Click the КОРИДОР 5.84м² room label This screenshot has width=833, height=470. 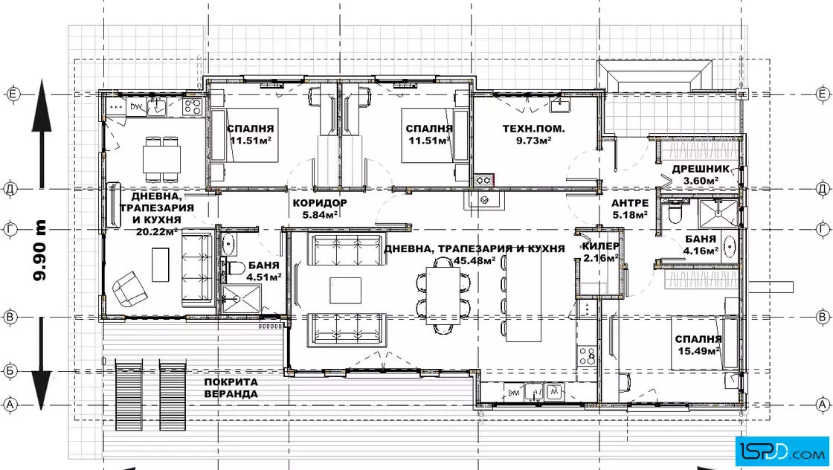pos(320,209)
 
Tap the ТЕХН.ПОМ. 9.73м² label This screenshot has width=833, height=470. pos(533,135)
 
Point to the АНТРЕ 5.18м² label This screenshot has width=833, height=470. pos(629,209)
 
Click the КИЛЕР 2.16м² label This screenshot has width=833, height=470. pos(601,252)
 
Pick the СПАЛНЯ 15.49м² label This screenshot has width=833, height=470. pos(698,344)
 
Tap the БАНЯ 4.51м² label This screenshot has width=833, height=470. pos(263,270)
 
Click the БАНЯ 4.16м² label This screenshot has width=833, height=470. pos(701,245)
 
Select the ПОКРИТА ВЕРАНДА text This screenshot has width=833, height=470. pos(231,387)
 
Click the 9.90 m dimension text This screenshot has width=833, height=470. pos(40,250)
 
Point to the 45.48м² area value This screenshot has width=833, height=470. pos(475,260)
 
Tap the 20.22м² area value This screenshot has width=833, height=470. pos(157,231)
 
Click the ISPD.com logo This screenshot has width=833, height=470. pos(782,451)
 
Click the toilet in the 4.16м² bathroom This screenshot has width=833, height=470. pos(674,212)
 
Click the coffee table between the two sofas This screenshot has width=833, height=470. pos(345,290)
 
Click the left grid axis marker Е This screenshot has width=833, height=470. pos(13,94)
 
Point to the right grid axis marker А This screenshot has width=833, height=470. pos(823,405)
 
